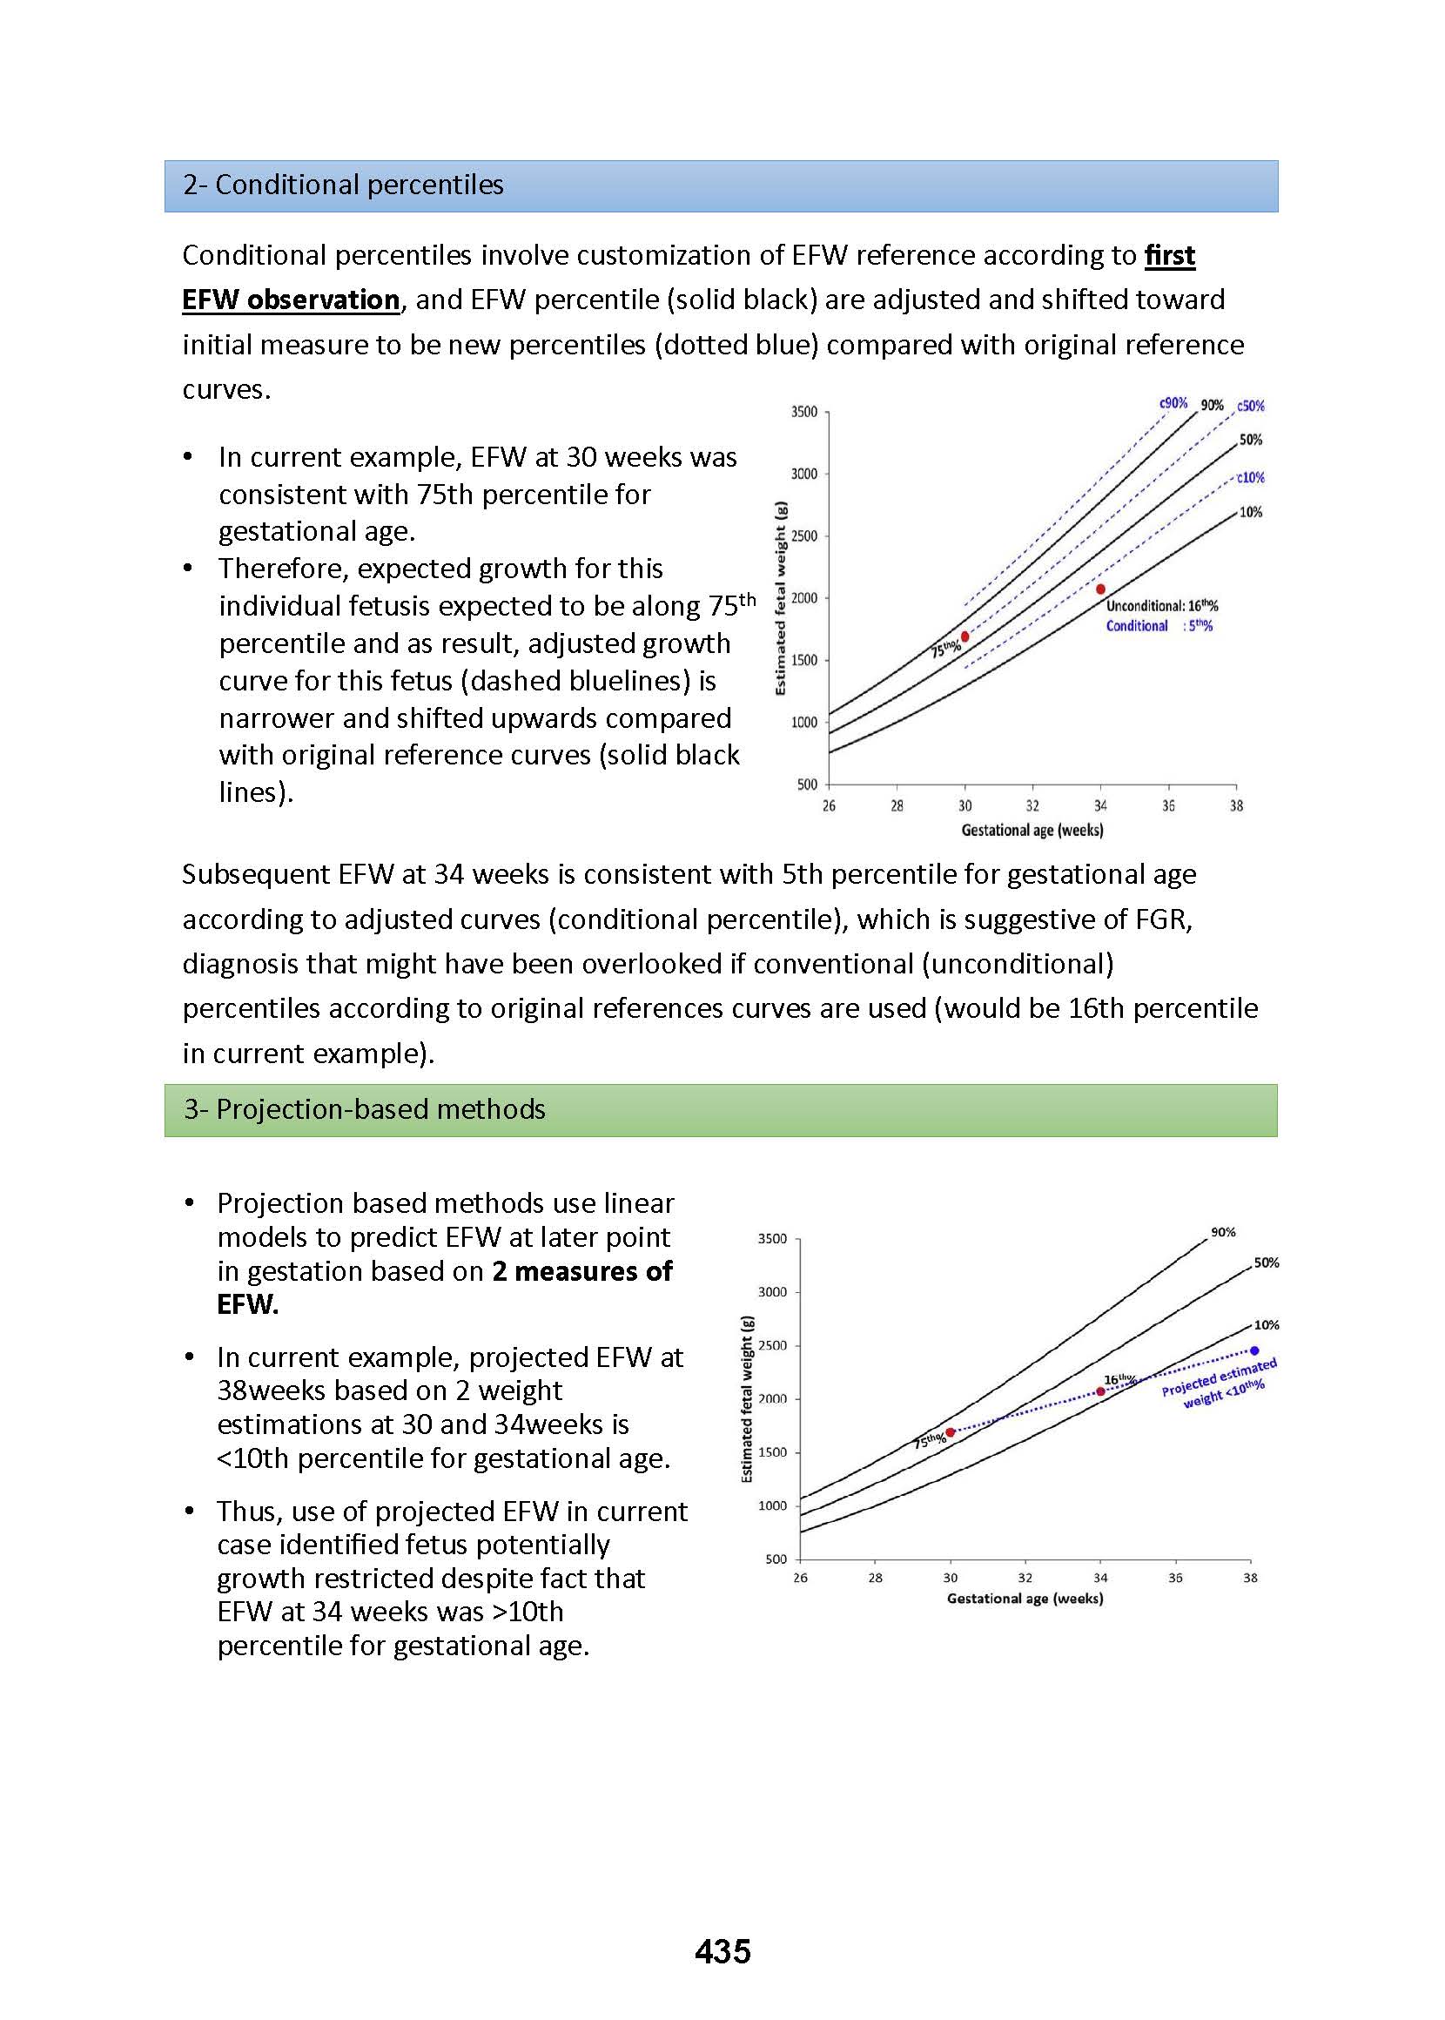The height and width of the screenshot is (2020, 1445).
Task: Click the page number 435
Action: pos(722,1950)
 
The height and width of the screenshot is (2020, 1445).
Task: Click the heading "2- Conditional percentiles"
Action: pos(344,185)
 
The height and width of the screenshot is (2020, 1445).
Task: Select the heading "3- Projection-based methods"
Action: pos(365,1108)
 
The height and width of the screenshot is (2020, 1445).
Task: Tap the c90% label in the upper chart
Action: pos(1173,403)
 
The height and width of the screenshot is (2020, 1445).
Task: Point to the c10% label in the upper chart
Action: pos(1250,478)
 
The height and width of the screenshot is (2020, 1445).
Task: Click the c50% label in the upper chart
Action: pos(1250,406)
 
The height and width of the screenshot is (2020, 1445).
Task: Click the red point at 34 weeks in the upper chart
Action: pos(1100,589)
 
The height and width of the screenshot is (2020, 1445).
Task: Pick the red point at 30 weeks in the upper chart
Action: pos(964,636)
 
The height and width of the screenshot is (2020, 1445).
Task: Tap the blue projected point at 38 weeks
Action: pos(1254,1350)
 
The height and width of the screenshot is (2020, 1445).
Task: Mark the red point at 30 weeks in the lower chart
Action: pos(951,1431)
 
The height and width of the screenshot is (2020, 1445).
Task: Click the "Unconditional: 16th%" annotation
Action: pos(1161,606)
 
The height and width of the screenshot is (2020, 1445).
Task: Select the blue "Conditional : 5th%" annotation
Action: pos(1159,625)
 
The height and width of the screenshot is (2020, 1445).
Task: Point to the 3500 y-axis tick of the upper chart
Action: pos(803,412)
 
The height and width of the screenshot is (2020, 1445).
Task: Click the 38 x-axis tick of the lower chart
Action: pos(1250,1578)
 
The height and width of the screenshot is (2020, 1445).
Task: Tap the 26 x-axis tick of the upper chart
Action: pos(829,806)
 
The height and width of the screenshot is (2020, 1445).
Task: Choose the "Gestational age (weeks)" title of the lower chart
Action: pos(1025,1599)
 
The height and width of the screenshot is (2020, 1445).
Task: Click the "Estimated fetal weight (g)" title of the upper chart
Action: pos(781,598)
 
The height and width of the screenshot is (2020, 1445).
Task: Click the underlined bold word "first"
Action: pos(1169,255)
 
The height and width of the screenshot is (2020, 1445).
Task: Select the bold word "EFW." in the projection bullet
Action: pos(247,1304)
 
